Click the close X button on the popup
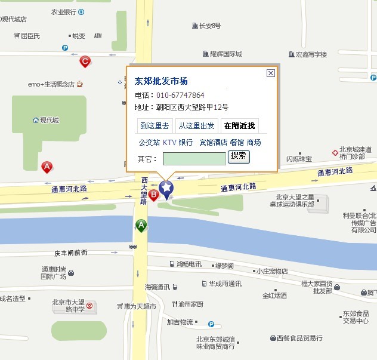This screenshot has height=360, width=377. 271,73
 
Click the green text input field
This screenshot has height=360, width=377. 194,158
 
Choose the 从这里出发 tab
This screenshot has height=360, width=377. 197,125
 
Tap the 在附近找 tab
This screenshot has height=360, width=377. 239,125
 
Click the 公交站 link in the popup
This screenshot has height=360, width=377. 149,143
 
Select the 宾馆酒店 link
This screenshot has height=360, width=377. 214,143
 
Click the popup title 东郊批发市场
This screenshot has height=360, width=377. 161,81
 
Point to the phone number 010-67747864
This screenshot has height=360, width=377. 180,96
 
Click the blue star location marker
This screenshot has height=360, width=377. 166,189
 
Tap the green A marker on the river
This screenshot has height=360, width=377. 141,226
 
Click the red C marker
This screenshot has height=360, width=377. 85,61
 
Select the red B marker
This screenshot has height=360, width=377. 153,195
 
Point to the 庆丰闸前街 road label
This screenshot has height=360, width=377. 70,253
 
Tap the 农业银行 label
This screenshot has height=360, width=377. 64,11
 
